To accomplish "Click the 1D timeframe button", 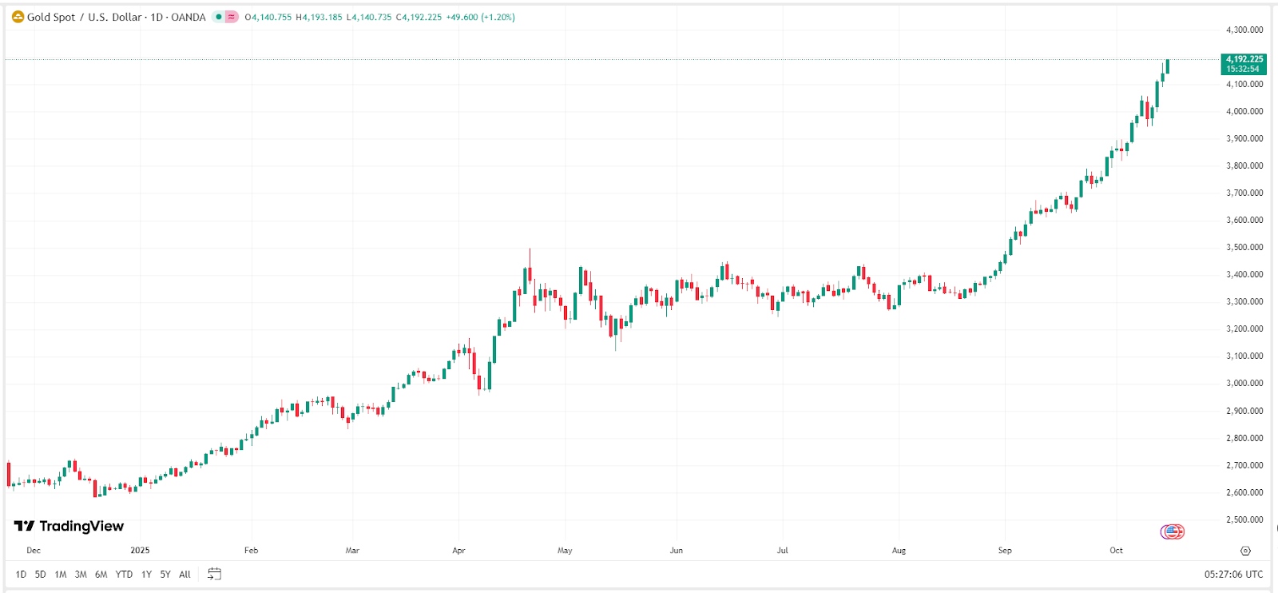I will click(21, 574).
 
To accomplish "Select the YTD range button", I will click(124, 574).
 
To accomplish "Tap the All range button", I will click(185, 574).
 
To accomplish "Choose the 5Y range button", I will click(165, 574).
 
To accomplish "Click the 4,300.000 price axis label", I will click(1244, 30).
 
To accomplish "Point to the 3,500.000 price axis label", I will click(1244, 247).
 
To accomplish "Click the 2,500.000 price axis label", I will click(1244, 519).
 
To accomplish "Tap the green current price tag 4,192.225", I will click(1244, 63).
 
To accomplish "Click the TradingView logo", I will click(69, 526).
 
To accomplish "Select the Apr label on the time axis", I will click(458, 550).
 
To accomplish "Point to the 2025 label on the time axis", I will click(140, 550).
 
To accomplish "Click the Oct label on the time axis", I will click(1116, 550).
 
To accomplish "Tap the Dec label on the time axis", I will click(34, 550).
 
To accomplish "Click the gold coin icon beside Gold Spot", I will click(18, 17).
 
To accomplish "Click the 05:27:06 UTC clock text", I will click(1233, 574).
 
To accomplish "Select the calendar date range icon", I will click(214, 574).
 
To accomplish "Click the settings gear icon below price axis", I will click(1245, 551).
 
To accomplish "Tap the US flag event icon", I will click(1173, 531).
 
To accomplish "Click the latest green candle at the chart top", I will click(1168, 66).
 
